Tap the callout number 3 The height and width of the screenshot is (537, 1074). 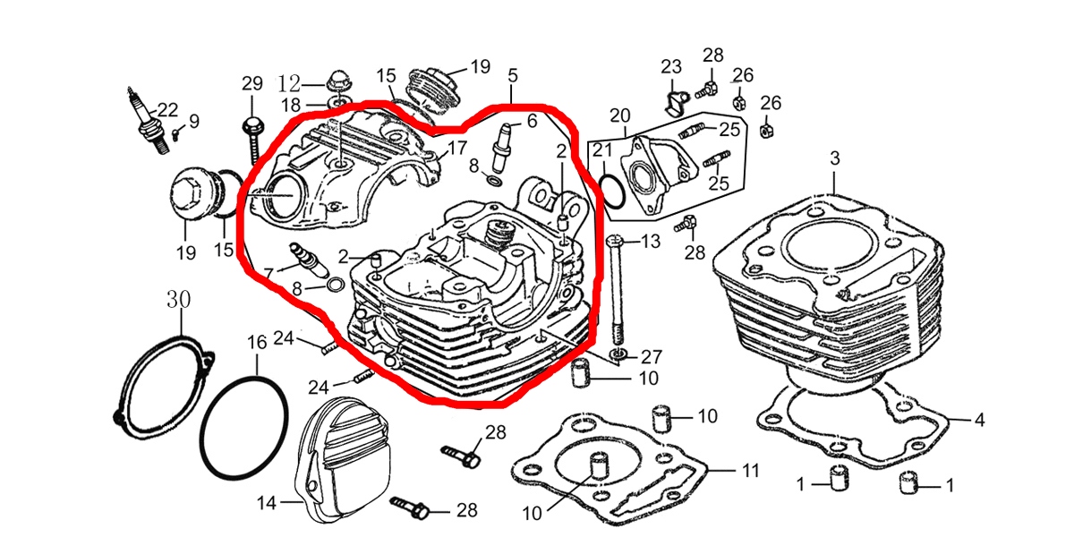pyautogui.click(x=834, y=159)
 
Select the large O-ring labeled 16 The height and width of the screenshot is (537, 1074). pyautogui.click(x=244, y=429)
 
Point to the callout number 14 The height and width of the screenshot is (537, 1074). pyautogui.click(x=266, y=503)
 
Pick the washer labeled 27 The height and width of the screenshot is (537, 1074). pyautogui.click(x=618, y=358)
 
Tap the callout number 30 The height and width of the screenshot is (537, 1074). pyautogui.click(x=179, y=300)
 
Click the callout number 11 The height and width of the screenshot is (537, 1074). pyautogui.click(x=750, y=469)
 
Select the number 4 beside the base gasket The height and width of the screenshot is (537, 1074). pyautogui.click(x=979, y=419)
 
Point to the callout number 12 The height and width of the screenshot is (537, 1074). pyautogui.click(x=289, y=84)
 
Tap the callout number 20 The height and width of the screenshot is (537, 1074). pyautogui.click(x=620, y=116)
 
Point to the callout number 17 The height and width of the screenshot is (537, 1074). pyautogui.click(x=457, y=148)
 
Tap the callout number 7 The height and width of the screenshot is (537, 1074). pyautogui.click(x=268, y=272)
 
